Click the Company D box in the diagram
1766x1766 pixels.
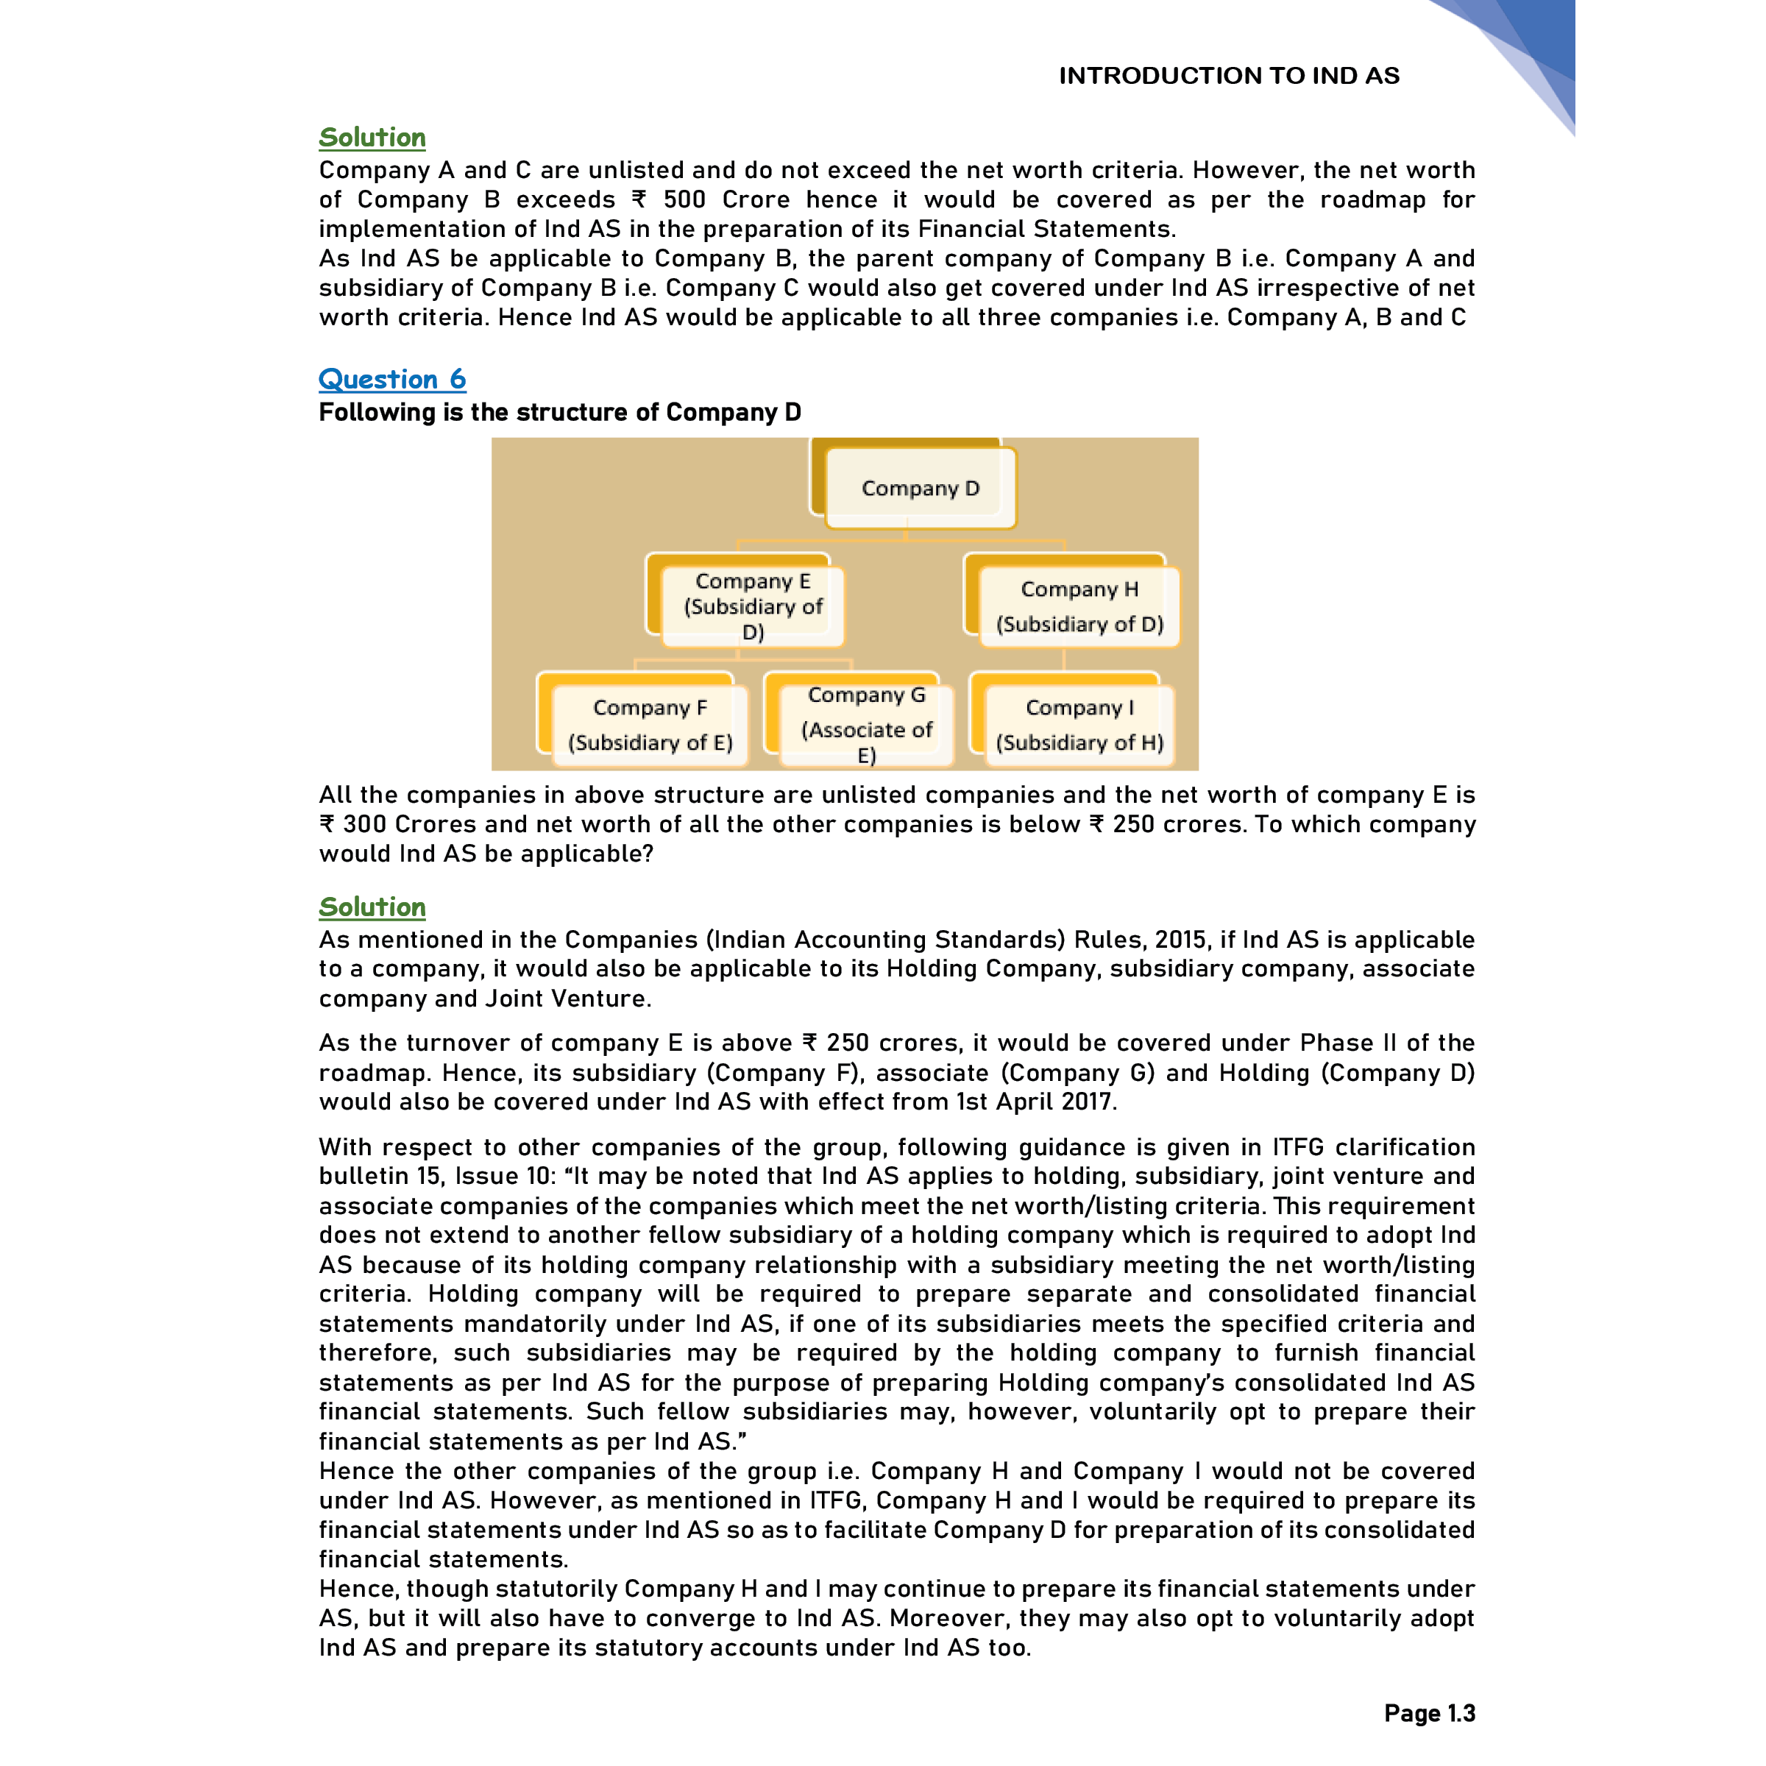920,488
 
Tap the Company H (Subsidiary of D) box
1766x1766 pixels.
1079,606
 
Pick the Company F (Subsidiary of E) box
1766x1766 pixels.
649,724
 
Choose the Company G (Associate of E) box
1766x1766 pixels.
867,724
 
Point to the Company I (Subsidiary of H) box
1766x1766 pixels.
1079,724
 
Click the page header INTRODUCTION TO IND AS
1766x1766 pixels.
1229,76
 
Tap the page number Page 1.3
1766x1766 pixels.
1429,1713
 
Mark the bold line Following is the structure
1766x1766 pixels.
559,412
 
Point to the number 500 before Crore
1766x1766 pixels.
684,199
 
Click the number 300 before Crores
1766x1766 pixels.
365,824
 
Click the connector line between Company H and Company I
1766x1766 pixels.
1064,659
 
